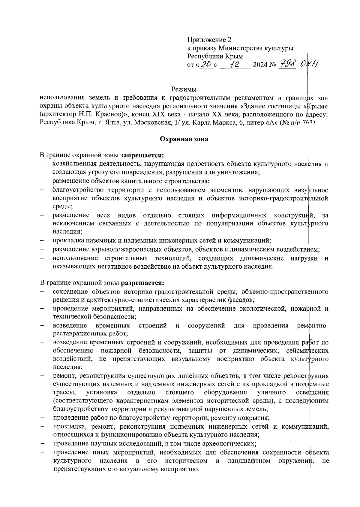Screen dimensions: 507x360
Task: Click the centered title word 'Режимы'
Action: (184, 89)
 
